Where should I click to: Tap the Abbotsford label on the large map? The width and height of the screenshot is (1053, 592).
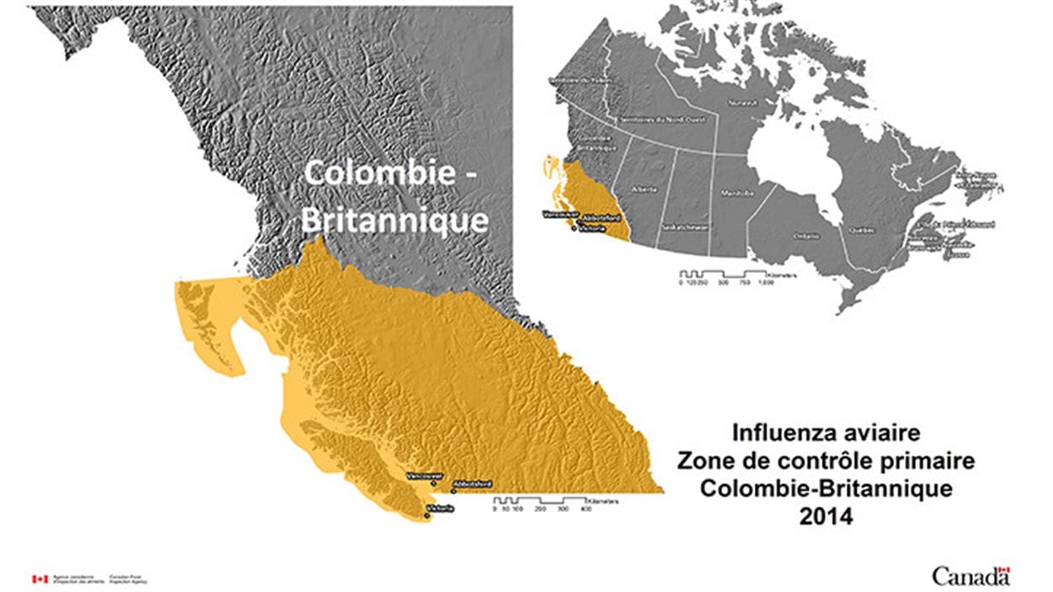point(473,484)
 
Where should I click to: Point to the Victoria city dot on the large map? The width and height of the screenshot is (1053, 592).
point(427,515)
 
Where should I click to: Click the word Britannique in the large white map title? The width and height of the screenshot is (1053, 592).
point(394,220)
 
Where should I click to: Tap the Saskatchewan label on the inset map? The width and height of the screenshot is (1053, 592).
point(685,227)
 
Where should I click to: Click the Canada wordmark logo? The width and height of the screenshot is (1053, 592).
point(970,576)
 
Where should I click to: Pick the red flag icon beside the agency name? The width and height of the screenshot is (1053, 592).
point(39,579)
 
